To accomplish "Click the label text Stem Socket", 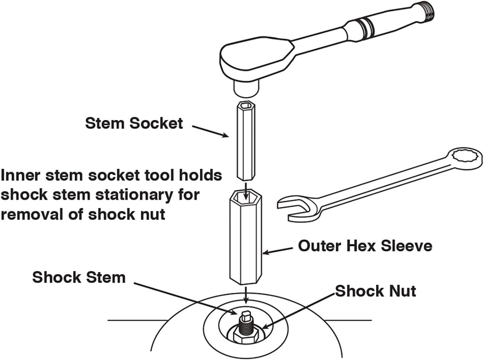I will pyautogui.click(x=134, y=123).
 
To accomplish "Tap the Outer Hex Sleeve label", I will pyautogui.click(x=365, y=246).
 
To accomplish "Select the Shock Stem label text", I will pyautogui.click(x=79, y=278).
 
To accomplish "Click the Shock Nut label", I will pyautogui.click(x=375, y=291).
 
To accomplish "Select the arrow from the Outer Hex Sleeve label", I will pyautogui.click(x=278, y=250).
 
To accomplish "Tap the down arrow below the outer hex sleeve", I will pyautogui.click(x=246, y=294).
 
